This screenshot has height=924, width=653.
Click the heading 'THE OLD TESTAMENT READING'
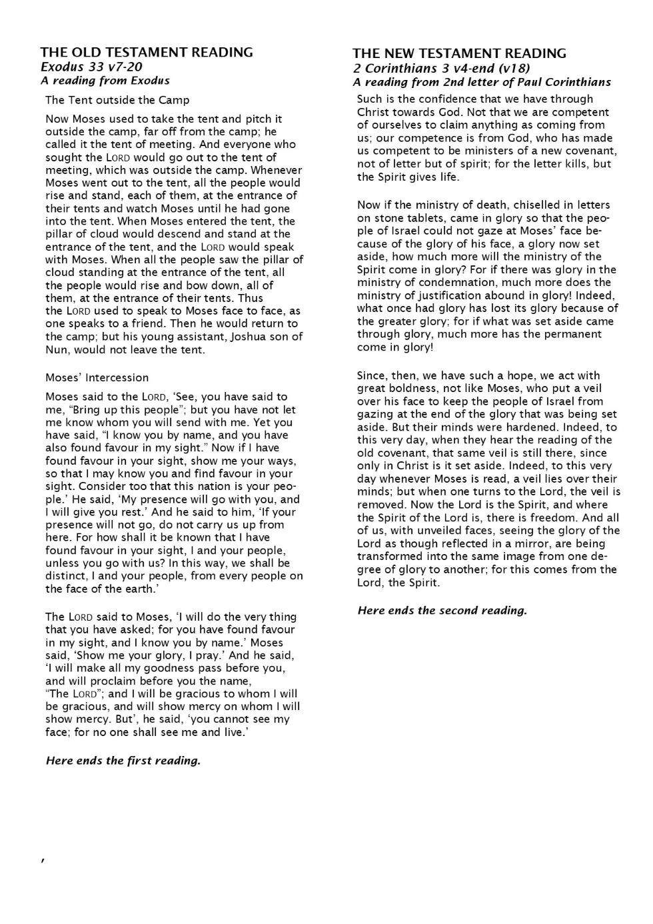tap(146, 52)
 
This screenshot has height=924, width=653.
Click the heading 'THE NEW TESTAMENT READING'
tap(459, 53)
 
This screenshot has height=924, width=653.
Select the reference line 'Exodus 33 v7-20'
tap(91, 67)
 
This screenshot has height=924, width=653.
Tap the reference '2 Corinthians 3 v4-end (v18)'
tap(441, 68)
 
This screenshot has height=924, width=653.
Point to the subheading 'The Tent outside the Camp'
tap(117, 100)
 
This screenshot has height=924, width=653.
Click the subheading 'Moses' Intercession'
tap(97, 377)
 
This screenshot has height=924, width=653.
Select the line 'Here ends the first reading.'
tap(123, 761)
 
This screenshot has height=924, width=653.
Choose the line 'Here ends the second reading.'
tap(442, 610)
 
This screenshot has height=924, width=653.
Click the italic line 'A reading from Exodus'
tap(105, 81)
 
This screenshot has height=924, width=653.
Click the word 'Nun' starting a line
tap(55, 349)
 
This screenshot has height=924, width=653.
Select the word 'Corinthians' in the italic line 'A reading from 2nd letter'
tap(578, 82)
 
